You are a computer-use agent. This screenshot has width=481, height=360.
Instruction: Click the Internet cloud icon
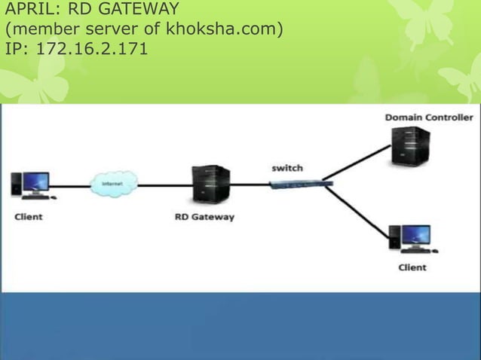(109, 184)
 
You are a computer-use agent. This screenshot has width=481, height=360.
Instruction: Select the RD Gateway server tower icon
(211, 184)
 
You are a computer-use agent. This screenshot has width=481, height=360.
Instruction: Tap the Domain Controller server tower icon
(410, 146)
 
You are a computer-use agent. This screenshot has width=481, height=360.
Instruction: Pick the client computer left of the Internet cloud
(32, 185)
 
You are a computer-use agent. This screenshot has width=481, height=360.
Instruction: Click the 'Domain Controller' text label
(429, 117)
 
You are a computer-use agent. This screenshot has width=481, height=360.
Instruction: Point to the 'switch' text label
(287, 168)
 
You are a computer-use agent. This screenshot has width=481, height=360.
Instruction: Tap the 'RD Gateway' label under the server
(204, 217)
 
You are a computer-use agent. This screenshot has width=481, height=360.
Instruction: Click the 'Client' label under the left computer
(29, 217)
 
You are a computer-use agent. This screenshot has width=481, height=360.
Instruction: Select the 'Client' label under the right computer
(412, 267)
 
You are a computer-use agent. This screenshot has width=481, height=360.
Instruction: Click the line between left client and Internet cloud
(72, 185)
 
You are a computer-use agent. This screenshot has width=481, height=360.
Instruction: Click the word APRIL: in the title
(31, 11)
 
